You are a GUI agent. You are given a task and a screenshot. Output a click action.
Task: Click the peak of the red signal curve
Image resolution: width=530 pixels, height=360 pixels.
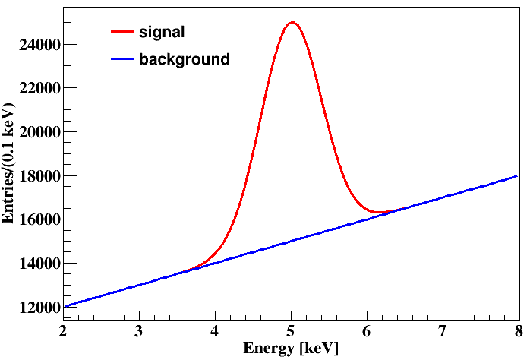coord(292,22)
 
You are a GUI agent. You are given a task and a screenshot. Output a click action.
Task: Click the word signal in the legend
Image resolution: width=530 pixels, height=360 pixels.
coord(162,32)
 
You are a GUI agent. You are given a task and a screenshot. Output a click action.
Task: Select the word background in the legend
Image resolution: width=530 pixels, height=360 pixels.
coord(184,58)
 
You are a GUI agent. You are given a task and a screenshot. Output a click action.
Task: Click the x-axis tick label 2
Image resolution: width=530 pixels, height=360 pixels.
coord(63,331)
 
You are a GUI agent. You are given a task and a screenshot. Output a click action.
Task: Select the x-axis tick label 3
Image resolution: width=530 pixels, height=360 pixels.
coord(139,331)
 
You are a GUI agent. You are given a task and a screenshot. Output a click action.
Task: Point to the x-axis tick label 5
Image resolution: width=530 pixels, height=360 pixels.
coord(291,331)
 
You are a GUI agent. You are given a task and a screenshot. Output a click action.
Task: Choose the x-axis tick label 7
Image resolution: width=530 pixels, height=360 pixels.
coord(442,331)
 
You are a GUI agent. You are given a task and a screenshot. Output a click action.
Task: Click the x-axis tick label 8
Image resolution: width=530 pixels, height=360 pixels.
coord(517,331)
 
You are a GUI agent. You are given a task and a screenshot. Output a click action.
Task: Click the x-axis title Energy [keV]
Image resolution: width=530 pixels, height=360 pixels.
coord(290,348)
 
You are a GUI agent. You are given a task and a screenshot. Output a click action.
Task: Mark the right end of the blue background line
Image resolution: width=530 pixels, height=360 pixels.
coord(517,175)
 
